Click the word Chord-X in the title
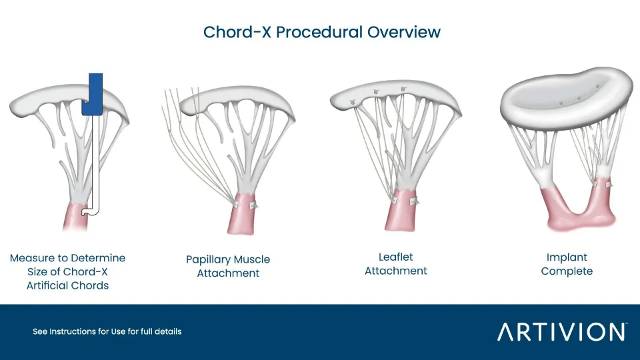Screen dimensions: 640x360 237,32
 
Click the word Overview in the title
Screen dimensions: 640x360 404,32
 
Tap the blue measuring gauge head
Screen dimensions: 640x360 92,94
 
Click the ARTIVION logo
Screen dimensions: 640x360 562,331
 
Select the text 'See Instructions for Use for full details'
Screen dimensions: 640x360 107,331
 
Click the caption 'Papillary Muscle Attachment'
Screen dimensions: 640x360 228,266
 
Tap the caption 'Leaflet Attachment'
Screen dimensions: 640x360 395,264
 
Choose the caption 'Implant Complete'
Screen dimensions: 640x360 567,264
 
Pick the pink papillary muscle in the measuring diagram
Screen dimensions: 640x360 75,217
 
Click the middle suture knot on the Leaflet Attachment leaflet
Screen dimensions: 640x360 376,93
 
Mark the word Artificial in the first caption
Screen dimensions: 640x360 46,285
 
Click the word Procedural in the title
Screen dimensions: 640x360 319,32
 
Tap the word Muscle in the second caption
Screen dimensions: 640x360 253,259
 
